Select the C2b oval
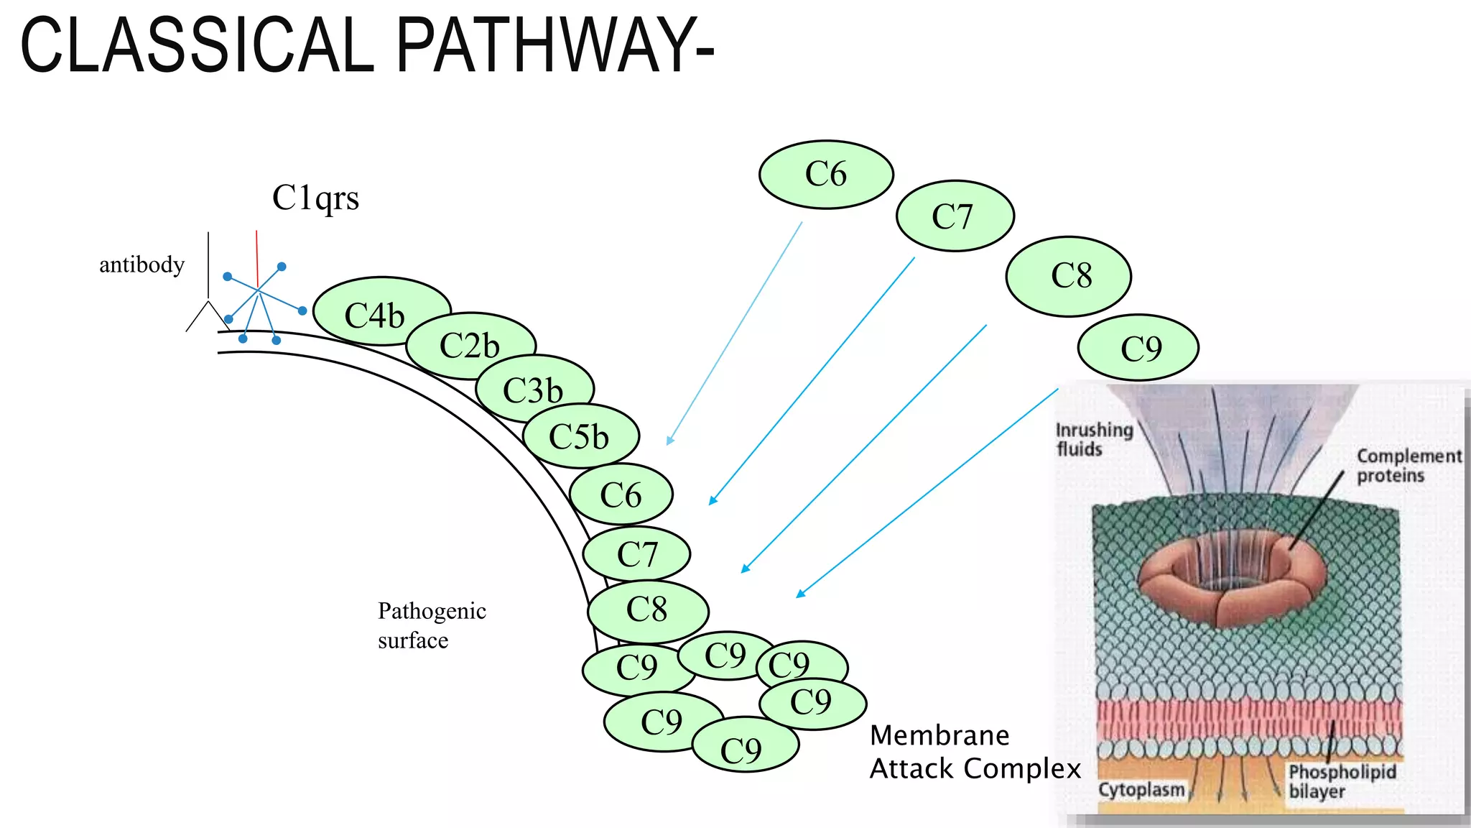470,346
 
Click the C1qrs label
315,198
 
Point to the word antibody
141,264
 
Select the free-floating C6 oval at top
826,174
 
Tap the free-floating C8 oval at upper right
1069,275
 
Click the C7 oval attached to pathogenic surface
636,554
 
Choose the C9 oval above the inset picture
1138,348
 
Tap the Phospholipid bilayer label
1340,781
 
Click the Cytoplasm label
1141,789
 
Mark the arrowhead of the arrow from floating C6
669,441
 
